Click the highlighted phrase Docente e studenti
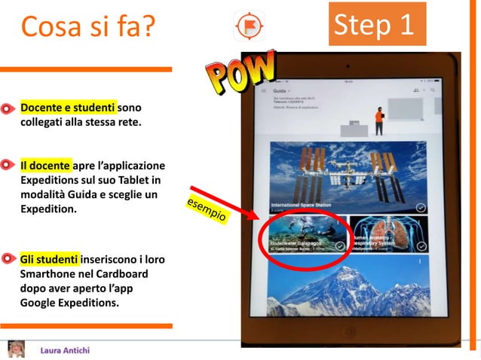click(68, 108)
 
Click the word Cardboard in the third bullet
click(133, 275)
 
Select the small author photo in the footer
click(17, 349)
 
